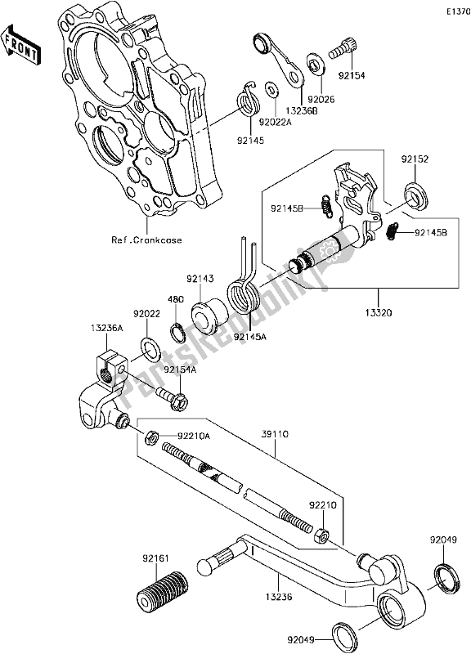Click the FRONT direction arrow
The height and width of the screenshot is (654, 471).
(20, 43)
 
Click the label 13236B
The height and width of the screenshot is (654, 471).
(301, 110)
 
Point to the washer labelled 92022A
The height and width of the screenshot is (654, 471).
(272, 88)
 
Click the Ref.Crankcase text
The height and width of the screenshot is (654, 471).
(146, 240)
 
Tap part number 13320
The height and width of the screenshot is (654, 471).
(379, 312)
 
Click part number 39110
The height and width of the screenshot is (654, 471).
(276, 434)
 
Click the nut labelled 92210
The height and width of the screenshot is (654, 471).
(321, 535)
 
